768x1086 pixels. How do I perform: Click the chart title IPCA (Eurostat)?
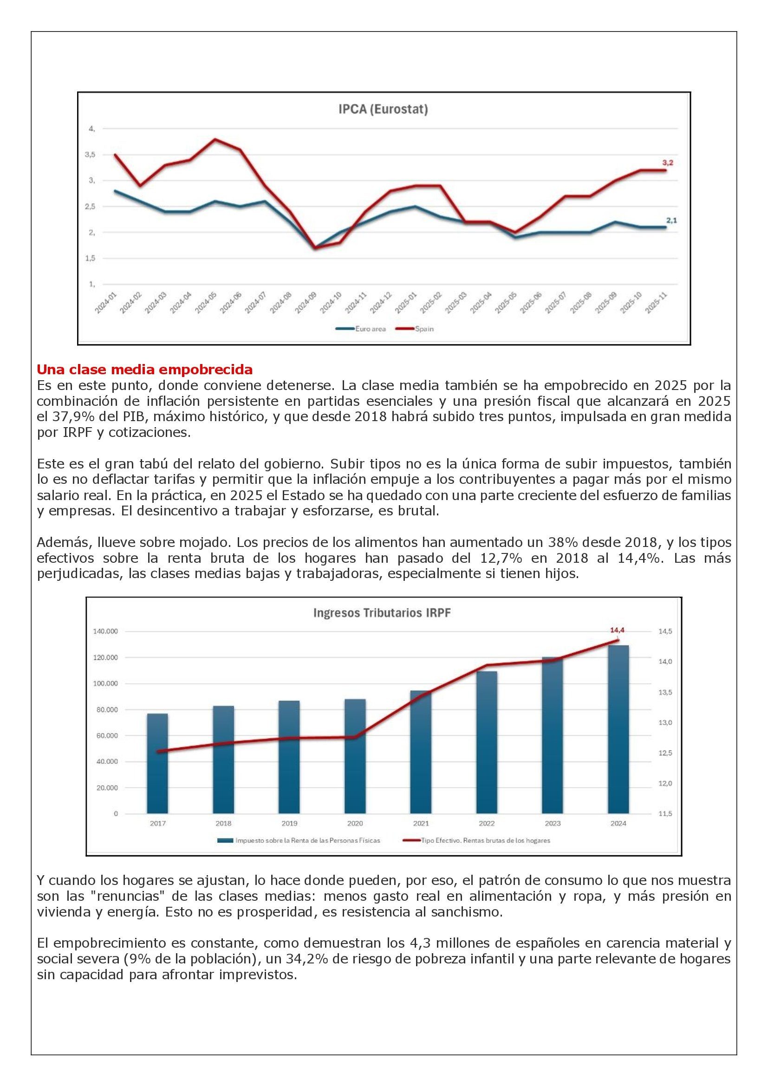coord(383,110)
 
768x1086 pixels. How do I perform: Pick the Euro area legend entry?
coord(360,329)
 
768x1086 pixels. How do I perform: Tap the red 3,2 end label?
coord(667,162)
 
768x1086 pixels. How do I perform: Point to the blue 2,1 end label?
coord(671,220)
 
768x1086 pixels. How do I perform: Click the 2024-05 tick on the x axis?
coord(207,303)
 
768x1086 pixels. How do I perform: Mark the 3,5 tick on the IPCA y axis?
coord(90,155)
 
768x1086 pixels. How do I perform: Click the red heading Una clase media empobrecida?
coord(145,369)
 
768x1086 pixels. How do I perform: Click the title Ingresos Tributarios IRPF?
coord(382,613)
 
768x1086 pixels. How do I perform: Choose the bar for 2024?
coord(618,729)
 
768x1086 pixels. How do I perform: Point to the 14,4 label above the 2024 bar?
coord(617,630)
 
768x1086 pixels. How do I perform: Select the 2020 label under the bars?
coord(355,824)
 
